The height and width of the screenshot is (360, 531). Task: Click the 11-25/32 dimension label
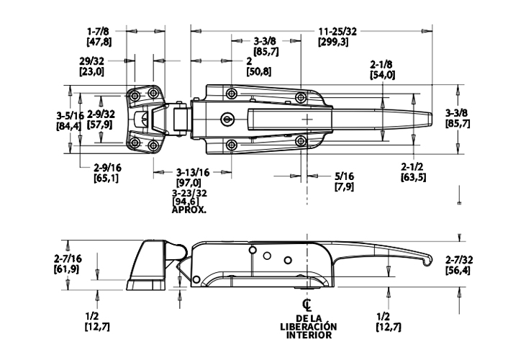coord(337,32)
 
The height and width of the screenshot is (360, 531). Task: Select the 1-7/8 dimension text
coord(98,32)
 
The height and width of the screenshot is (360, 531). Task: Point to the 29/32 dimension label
coord(92,61)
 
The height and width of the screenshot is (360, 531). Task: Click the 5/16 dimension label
coord(345,176)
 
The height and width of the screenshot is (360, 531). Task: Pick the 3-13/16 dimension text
coord(193,173)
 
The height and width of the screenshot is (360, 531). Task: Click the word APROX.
coord(189,210)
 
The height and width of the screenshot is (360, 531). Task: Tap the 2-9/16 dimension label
coord(107,168)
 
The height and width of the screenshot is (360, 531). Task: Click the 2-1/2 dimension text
coord(413,167)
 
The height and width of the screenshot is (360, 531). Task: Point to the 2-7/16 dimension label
coord(68,259)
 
